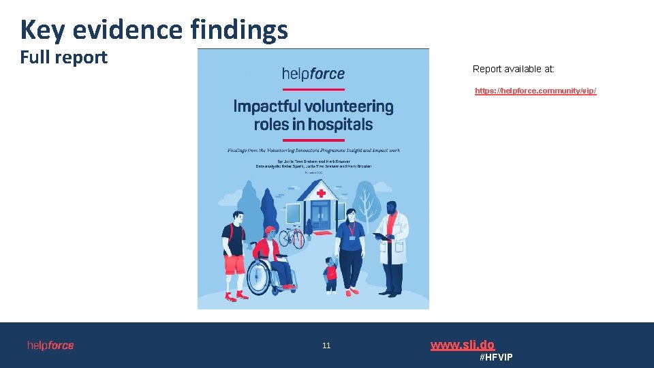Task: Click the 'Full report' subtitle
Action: coord(63,57)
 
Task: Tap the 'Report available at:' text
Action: coord(513,69)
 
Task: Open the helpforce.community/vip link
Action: coord(535,91)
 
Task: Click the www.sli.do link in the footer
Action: coord(462,345)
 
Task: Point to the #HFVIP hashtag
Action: coord(496,357)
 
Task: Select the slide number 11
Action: coord(326,346)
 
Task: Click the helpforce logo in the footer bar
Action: coord(50,346)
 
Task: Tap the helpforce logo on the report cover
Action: coord(313,74)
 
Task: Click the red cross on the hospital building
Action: coord(321,194)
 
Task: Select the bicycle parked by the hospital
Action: coord(291,237)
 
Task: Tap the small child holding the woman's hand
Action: coord(331,274)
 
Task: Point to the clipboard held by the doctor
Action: coord(379,236)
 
